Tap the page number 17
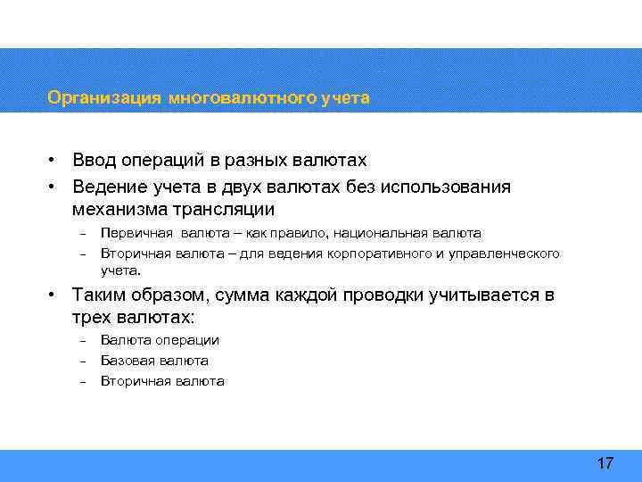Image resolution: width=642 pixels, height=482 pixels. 605,463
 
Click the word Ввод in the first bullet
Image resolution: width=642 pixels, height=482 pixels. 95,161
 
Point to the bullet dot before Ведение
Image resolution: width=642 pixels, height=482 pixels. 54,186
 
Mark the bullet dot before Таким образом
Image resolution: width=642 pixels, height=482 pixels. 54,295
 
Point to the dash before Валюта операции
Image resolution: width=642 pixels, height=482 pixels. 81,340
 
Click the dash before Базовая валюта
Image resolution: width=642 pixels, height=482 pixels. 81,361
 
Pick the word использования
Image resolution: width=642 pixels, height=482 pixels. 446,186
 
